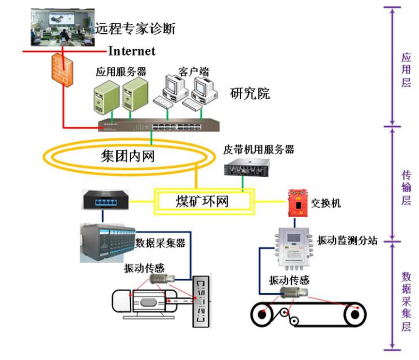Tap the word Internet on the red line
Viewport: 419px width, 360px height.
click(x=132, y=50)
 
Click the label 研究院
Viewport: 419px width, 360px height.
click(x=250, y=93)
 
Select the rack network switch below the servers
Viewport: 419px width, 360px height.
click(x=159, y=125)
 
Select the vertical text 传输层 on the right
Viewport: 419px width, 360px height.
click(x=406, y=188)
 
